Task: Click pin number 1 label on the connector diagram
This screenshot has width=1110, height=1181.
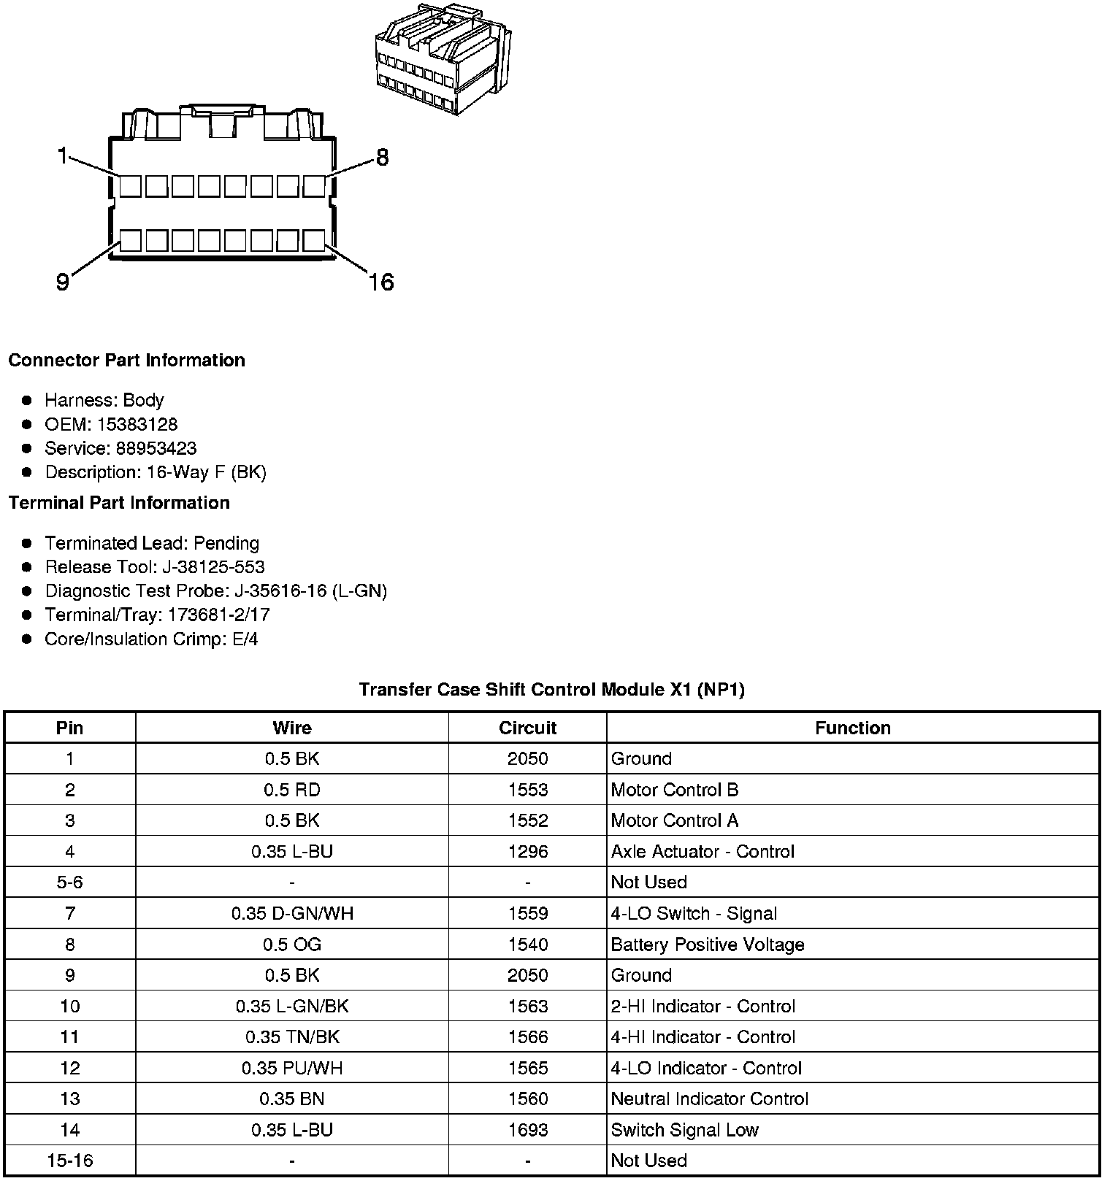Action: click(x=63, y=155)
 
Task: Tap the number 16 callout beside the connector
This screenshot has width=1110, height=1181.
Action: click(x=380, y=282)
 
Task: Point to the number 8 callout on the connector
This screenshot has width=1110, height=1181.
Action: click(x=382, y=157)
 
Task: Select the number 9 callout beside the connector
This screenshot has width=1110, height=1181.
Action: click(x=63, y=282)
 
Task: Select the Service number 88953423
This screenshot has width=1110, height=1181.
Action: click(x=156, y=448)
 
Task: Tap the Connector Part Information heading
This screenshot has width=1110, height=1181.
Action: click(x=126, y=361)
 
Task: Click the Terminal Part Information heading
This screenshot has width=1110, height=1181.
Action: click(x=119, y=503)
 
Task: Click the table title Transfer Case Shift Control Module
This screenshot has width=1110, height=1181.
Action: click(x=551, y=690)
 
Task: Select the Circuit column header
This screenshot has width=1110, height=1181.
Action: click(x=527, y=728)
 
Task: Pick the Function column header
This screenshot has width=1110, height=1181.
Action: click(x=852, y=728)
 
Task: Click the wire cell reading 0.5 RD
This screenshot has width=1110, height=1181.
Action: click(x=292, y=790)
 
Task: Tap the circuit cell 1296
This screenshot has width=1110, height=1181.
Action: click(x=527, y=852)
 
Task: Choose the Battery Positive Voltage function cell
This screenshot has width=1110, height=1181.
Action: click(x=707, y=945)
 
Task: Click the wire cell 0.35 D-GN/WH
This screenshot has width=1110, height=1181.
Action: click(x=292, y=914)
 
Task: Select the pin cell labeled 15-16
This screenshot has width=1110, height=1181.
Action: click(x=70, y=1161)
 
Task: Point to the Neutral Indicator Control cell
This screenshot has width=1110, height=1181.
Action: click(x=709, y=1099)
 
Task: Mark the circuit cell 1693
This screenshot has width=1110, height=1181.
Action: click(x=527, y=1130)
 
